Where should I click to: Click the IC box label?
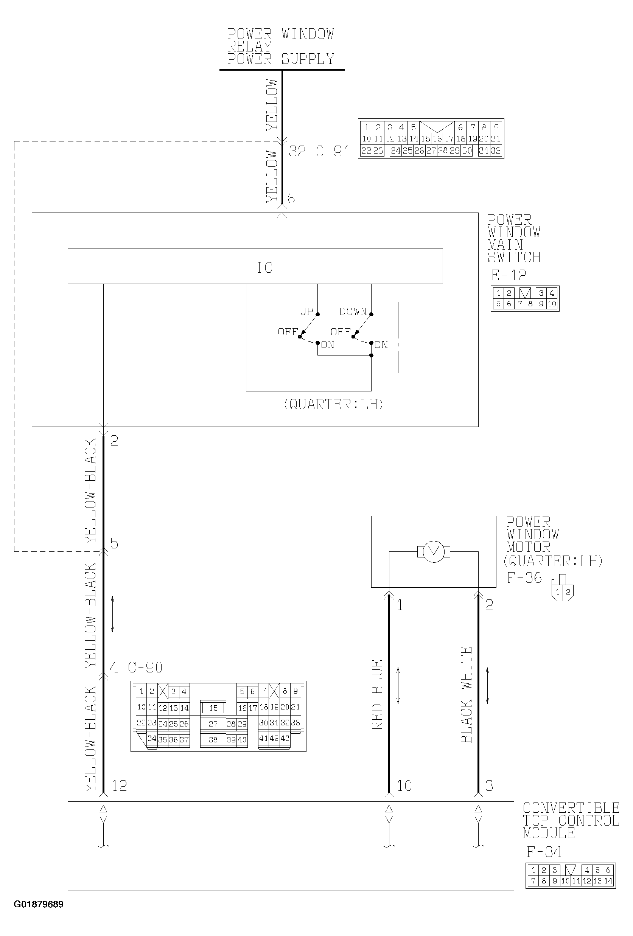tap(265, 267)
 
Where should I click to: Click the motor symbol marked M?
tap(434, 551)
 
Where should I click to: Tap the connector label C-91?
tap(333, 151)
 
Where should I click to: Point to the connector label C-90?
tap(145, 667)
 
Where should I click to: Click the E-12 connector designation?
tap(509, 275)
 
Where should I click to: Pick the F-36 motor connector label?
tap(524, 578)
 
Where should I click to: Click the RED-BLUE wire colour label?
tap(377, 695)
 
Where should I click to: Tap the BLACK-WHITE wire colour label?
tap(466, 695)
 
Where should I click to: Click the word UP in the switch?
tap(306, 312)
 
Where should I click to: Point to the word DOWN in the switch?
tap(353, 312)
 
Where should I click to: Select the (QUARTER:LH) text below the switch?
tap(333, 404)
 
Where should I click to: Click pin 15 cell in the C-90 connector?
tap(213, 708)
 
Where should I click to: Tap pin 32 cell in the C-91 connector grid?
tap(496, 151)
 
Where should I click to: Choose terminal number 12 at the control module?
tap(119, 786)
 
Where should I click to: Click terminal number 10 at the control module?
tap(404, 786)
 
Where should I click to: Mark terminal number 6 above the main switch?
tap(291, 199)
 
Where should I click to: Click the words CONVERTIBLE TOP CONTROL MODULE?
tap(571, 820)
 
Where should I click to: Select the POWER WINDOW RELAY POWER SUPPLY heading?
tap(281, 47)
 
